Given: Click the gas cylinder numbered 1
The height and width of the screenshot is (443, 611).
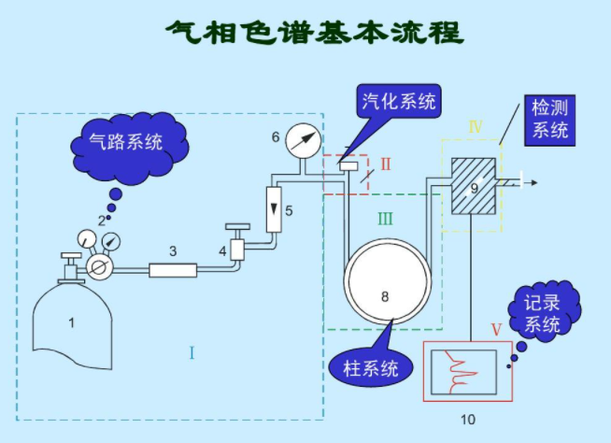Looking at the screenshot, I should (x=76, y=322).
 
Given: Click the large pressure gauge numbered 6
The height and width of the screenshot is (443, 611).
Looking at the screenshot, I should (x=302, y=139).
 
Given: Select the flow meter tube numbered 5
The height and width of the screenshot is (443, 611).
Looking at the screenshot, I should (x=275, y=208).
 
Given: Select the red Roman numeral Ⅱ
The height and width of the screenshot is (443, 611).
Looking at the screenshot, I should (x=385, y=164).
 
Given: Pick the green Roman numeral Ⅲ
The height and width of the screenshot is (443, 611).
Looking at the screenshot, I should (x=385, y=219).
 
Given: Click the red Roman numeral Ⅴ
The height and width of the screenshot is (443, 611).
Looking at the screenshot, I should (x=496, y=329).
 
